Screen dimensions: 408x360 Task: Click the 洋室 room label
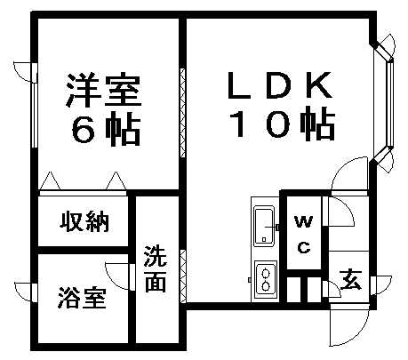103,90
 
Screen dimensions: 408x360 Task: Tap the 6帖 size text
106,129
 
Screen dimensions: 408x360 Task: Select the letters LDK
279,85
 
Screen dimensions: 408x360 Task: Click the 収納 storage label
84,221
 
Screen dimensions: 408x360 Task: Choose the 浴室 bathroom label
82,298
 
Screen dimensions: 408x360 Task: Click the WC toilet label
304,234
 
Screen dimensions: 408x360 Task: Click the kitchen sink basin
264,226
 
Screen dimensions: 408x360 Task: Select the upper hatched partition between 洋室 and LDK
183,113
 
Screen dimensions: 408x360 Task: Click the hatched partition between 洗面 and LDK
183,276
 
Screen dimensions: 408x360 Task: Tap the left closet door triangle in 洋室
50,180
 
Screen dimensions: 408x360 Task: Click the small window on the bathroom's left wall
35,292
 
